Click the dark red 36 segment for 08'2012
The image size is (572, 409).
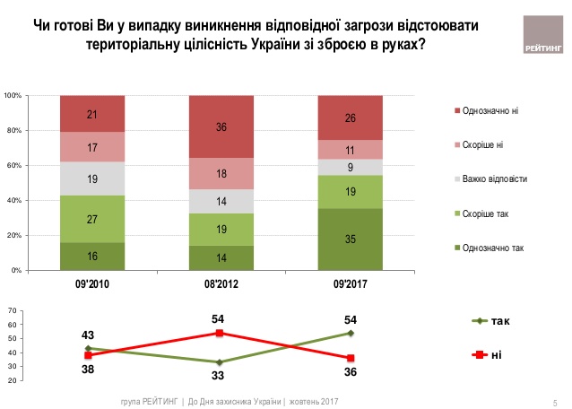coord(221,126)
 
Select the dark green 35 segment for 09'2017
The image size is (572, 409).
coord(350,239)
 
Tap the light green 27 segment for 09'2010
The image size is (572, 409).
coord(92,219)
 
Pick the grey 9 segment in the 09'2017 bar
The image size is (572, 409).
coord(350,167)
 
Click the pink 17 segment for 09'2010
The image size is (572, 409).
coord(92,147)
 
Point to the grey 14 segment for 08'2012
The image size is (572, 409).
coord(221,202)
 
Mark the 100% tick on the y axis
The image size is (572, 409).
coord(13,95)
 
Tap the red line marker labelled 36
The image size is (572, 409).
coord(350,358)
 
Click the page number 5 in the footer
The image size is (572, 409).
coord(555,401)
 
